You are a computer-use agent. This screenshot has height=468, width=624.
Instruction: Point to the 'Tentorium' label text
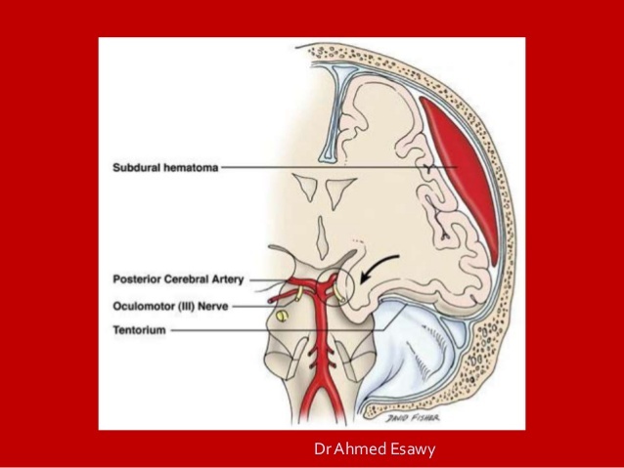click(x=137, y=330)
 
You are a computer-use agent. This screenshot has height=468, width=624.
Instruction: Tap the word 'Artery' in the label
click(x=230, y=279)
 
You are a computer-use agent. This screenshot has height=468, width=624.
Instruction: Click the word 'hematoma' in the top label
click(x=191, y=167)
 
